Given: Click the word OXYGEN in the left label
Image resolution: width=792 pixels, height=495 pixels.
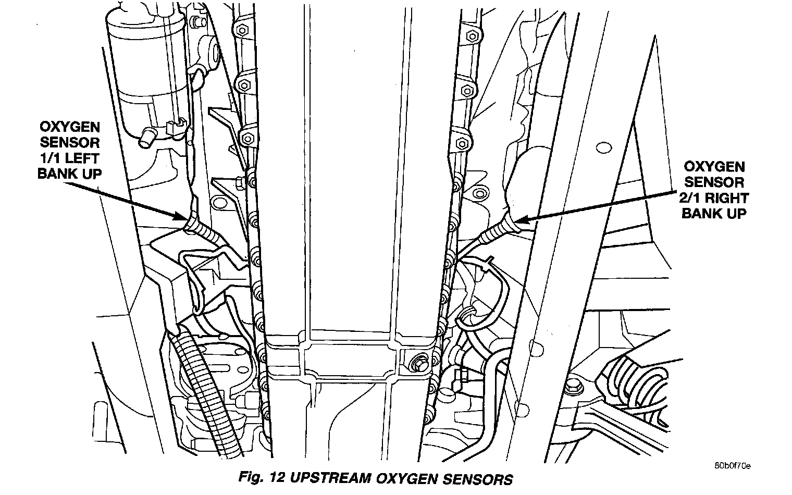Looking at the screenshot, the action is tap(69, 127).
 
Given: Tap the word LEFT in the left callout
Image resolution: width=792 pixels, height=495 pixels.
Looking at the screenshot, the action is tap(84, 157).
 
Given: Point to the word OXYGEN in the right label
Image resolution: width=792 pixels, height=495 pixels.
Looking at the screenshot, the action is tap(714, 167).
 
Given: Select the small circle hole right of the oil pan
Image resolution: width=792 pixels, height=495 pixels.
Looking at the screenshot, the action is tap(603, 147).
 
